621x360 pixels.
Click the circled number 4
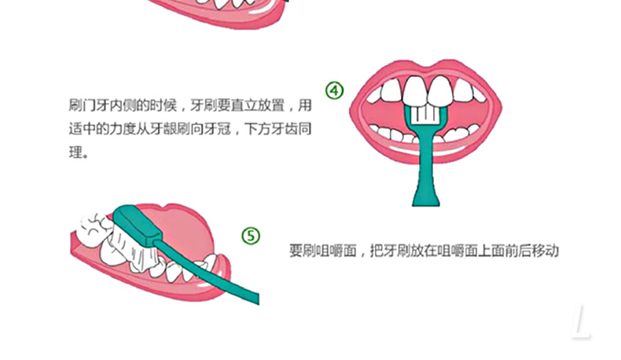click(x=335, y=90)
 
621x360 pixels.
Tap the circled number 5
click(x=251, y=236)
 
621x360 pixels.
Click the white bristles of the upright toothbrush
click(x=425, y=115)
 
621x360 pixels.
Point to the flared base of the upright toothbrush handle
click(x=426, y=196)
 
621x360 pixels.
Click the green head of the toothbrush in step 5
click(x=136, y=224)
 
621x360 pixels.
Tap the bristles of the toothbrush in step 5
click(x=130, y=249)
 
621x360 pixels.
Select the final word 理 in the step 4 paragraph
click(x=75, y=152)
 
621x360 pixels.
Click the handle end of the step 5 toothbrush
click(x=255, y=298)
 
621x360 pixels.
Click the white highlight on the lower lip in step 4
click(x=426, y=150)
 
